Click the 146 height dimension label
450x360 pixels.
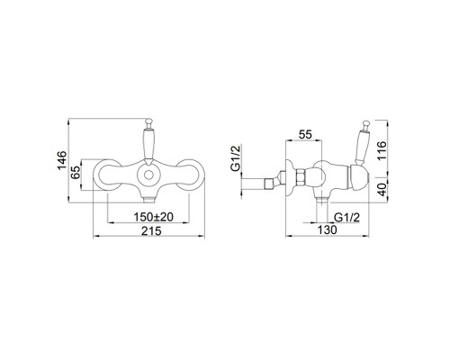coord(62,160)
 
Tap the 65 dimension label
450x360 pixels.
coord(76,173)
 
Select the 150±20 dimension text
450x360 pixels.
coord(154,217)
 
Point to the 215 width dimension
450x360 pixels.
coord(151,230)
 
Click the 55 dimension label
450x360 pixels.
coord(306,134)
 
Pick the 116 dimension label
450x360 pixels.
coord(382,151)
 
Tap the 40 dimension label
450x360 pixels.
coord(382,190)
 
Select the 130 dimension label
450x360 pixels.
coord(328,229)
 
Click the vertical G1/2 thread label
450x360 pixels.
coord(236,158)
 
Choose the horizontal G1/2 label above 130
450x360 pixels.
coord(346,217)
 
